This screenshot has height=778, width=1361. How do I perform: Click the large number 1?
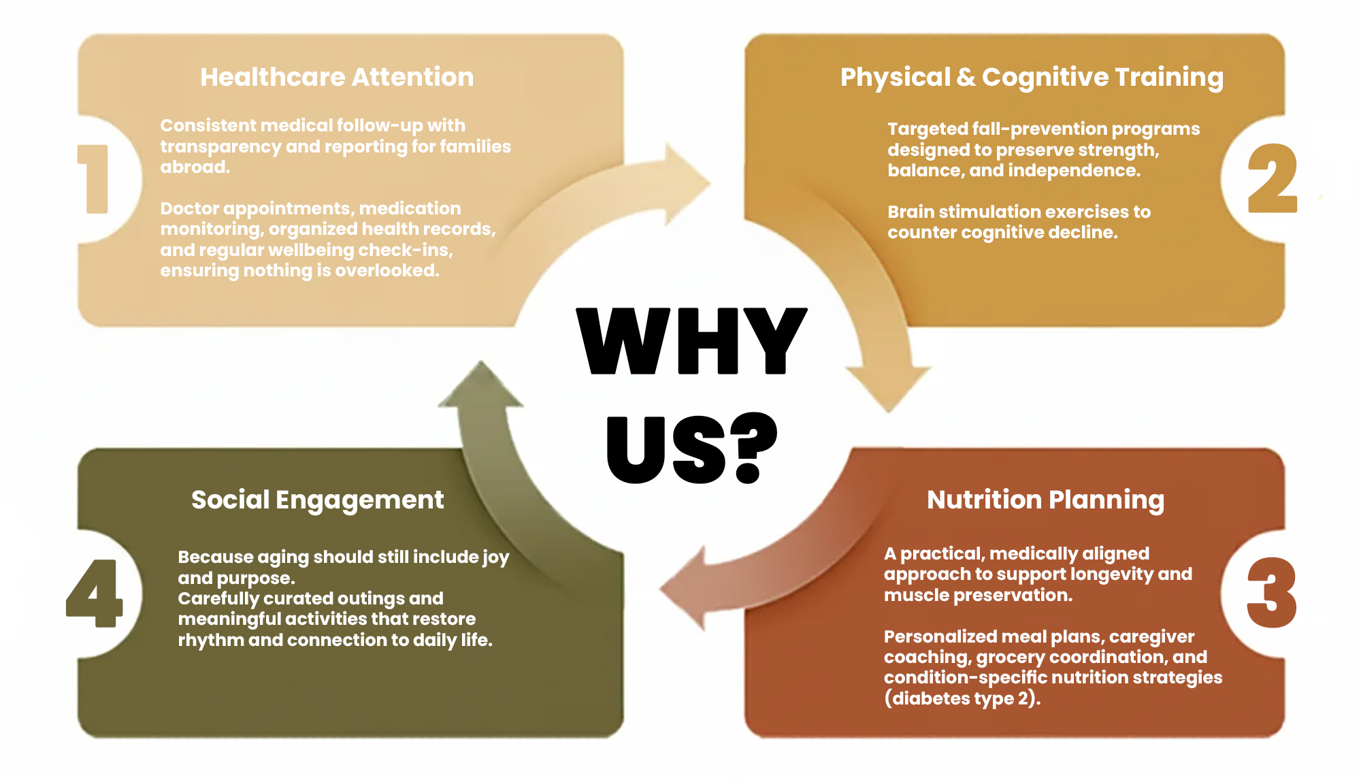[x=95, y=179]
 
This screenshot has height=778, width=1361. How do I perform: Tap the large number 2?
[x=1272, y=178]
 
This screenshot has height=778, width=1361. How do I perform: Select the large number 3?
[x=1271, y=593]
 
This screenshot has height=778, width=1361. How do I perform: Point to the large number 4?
[x=95, y=593]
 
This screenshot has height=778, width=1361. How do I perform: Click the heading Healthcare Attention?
[x=337, y=77]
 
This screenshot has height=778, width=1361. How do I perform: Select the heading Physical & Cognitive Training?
[x=1032, y=77]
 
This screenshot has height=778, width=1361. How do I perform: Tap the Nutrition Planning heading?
[x=1045, y=500]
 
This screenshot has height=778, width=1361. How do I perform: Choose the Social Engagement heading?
[x=317, y=500]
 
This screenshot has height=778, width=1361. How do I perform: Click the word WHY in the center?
[x=691, y=340]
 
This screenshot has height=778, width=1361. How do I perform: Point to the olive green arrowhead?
[x=480, y=387]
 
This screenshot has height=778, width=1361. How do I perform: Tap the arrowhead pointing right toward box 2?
[x=687, y=183]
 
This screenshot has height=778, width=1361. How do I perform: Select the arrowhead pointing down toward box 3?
[x=887, y=388]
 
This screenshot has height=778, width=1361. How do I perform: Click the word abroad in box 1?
[x=195, y=167]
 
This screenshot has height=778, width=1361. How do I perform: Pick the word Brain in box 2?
[x=910, y=212]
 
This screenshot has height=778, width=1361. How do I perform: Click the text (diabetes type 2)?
[x=962, y=698]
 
